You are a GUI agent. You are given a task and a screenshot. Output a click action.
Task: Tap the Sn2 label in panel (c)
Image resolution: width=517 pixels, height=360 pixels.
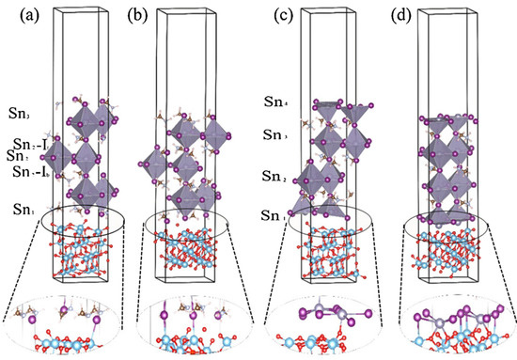point(274,178)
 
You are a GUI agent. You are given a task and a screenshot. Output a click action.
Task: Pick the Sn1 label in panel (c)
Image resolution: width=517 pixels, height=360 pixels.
point(274,217)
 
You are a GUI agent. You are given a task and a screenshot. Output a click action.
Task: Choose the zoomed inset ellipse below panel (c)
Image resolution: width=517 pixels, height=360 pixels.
point(325,322)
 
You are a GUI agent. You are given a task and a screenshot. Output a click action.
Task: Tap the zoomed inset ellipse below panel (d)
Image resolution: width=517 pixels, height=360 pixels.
point(452,322)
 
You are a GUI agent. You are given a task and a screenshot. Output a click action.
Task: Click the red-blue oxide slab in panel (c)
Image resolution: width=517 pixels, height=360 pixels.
point(325,258)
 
